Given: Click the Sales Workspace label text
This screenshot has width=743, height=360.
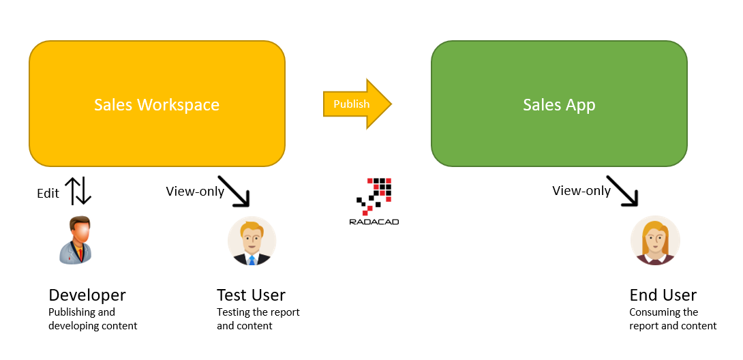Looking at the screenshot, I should coord(157,105).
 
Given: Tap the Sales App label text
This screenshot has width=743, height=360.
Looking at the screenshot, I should coord(559,105).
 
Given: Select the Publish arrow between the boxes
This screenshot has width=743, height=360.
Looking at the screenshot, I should coord(356,104).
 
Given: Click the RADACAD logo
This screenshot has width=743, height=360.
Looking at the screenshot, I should coord(374,202).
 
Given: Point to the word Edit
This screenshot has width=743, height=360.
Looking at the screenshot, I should coord(48,194).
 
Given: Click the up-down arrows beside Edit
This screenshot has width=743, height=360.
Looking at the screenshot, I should coord(78,192).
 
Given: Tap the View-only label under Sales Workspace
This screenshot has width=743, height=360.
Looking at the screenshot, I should coord(195,192).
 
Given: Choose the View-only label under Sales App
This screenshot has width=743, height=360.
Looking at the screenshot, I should coord(581,191).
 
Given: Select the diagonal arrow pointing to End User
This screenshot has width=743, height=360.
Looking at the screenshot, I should coord(622,191).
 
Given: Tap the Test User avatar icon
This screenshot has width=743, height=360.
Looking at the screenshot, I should coord(252,241).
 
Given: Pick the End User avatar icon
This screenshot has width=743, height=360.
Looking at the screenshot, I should coord(655,241).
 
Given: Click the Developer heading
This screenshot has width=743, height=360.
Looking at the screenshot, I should coord(87,295).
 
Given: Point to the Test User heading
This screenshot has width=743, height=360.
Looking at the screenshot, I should coord(251,295).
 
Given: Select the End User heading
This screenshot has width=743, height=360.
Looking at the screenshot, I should coord(663,295).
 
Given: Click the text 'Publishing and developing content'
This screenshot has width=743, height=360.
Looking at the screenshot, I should coord(93,319).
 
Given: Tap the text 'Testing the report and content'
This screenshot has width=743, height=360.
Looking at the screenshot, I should coord(258,319).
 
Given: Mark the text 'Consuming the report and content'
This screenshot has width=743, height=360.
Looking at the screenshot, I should coord(673,319).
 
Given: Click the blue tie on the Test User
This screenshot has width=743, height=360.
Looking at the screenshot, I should coord(252,259).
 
